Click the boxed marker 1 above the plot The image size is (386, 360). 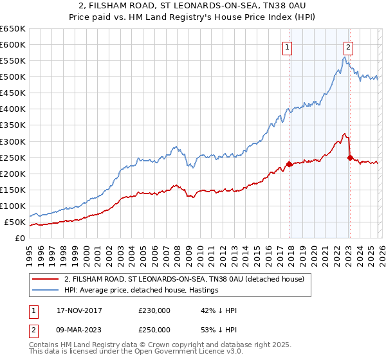pos(287,46)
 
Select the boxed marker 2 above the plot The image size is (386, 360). pos(348,46)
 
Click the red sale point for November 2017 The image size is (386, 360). pos(289,164)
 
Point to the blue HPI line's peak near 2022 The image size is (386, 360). pos(345,57)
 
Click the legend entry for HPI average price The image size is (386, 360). pos(141,290)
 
